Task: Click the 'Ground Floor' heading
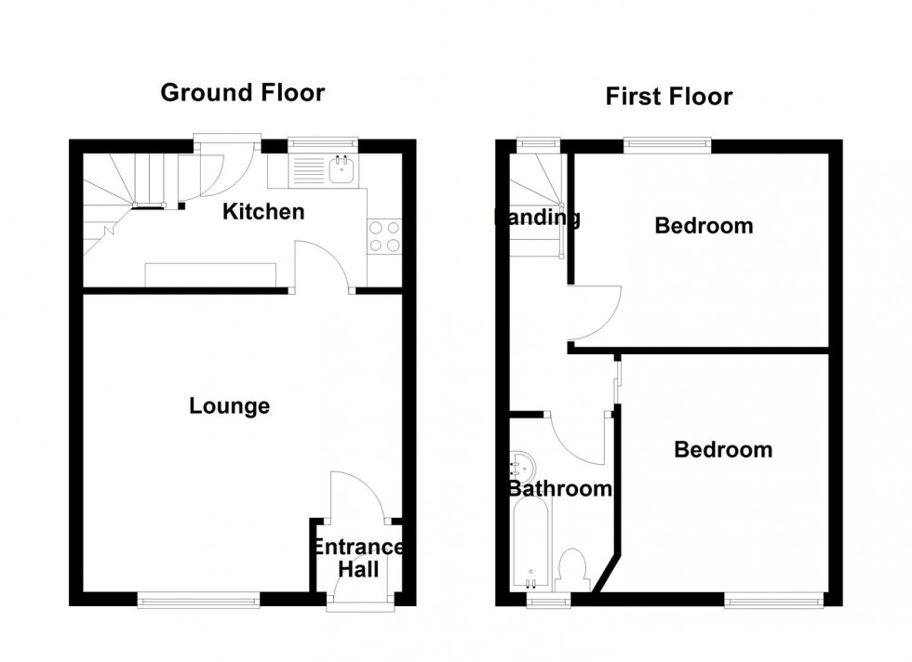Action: (x=242, y=93)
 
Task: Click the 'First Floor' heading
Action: (x=668, y=97)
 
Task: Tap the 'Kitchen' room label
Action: (x=263, y=212)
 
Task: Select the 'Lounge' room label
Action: (x=229, y=406)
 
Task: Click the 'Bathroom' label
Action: (x=559, y=489)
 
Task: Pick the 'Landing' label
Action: (x=537, y=218)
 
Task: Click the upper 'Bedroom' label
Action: (x=704, y=226)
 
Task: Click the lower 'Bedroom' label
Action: (x=723, y=450)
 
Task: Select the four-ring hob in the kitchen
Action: (x=385, y=235)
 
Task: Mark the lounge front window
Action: (x=198, y=601)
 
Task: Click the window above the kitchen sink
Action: (x=322, y=144)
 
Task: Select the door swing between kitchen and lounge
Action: (x=321, y=266)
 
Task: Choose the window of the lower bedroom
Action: (x=773, y=602)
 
